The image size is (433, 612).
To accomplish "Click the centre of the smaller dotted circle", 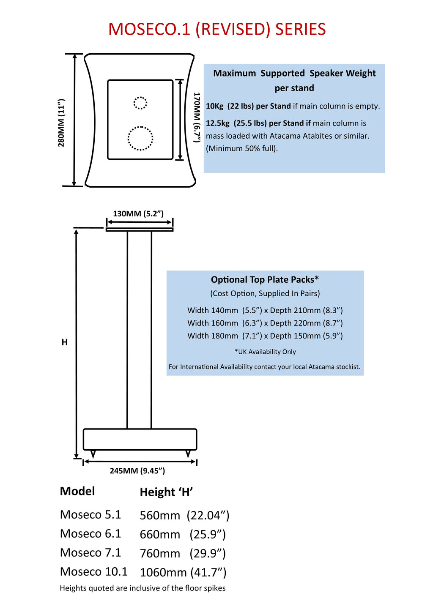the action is [140, 103].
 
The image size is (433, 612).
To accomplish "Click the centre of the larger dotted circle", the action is [140, 138].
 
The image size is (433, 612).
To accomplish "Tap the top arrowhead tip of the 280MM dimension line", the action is [74, 54].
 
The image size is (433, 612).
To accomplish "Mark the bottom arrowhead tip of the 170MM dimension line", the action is [180, 160].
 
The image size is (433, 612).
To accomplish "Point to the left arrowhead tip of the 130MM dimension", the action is [107, 222].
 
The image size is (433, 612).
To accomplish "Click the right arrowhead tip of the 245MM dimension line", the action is [196, 462].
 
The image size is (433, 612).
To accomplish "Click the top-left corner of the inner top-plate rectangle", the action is [108, 80].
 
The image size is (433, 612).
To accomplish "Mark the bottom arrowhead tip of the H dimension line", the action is [76, 458].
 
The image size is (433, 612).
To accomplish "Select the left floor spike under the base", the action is [93, 454].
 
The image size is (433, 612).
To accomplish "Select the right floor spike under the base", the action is [188, 454].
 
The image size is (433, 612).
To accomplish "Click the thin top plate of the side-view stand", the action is [140, 230].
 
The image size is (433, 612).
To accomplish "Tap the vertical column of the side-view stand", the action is [139, 330].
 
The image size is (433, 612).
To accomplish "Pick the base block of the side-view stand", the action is [140, 439].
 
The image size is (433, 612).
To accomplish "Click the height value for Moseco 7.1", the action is [183, 554].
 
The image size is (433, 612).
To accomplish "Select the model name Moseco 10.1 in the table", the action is [94, 572].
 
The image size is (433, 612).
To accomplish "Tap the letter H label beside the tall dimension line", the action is [65, 342].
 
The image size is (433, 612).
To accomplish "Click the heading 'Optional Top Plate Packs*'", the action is [265, 279].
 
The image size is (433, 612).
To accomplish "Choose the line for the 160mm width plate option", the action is [265, 323].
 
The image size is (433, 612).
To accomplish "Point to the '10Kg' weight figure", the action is [214, 106].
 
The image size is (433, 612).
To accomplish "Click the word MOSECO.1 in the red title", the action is [149, 29].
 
